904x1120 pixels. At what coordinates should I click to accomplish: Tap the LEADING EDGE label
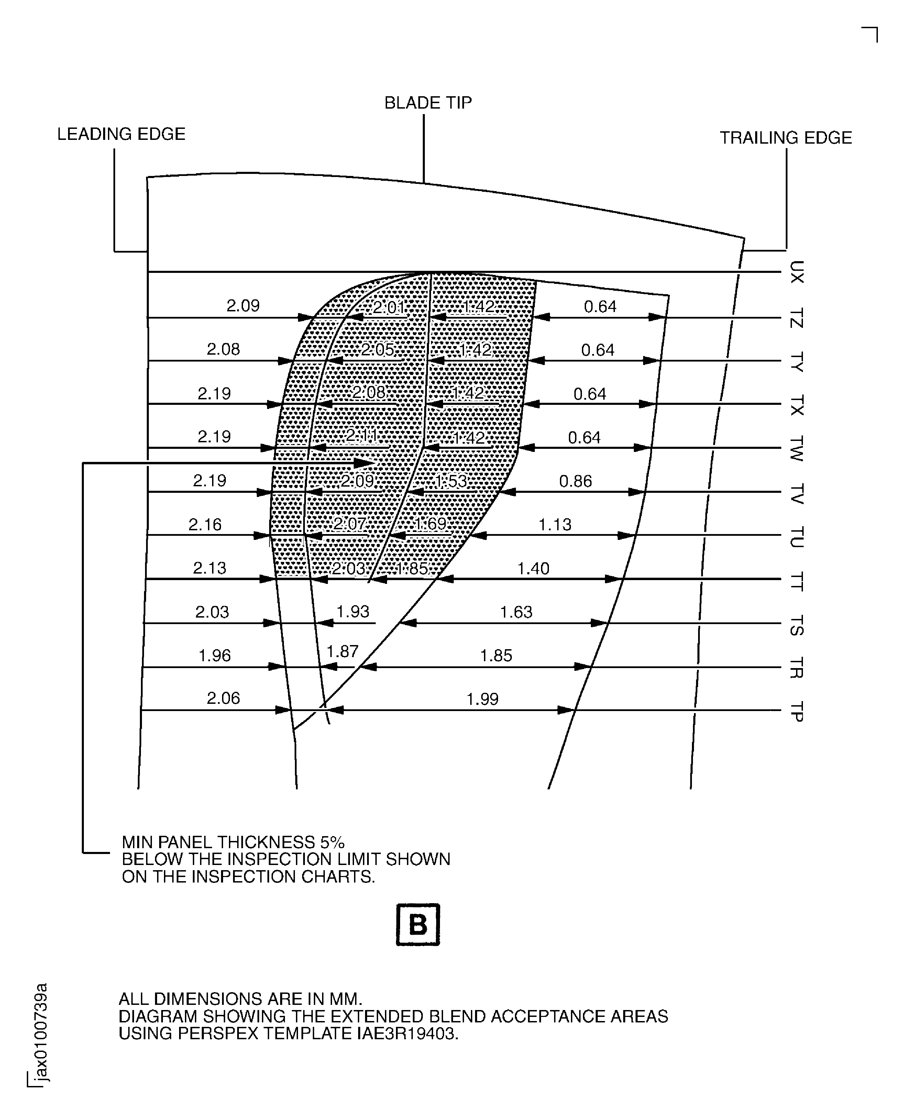[x=121, y=134]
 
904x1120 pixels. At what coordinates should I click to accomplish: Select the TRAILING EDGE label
[x=785, y=138]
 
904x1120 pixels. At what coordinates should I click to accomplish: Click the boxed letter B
[x=418, y=925]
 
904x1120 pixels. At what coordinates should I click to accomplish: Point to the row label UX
[x=796, y=272]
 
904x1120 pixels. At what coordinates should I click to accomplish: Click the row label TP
[x=796, y=711]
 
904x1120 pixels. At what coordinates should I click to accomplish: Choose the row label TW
[x=796, y=448]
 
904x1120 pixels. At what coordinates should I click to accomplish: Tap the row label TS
[x=796, y=625]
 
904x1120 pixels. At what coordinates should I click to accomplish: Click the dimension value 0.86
[x=575, y=481]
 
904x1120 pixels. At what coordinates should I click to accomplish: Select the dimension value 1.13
[x=554, y=524]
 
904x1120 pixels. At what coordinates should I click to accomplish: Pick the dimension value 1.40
[x=533, y=568]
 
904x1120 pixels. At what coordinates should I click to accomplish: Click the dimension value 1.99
[x=482, y=699]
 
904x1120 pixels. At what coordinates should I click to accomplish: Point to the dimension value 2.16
[x=205, y=524]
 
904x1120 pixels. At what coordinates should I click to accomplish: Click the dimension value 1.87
[x=342, y=651]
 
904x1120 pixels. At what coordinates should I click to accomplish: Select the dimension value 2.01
[x=389, y=308]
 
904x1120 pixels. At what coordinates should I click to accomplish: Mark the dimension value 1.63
[x=516, y=612]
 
